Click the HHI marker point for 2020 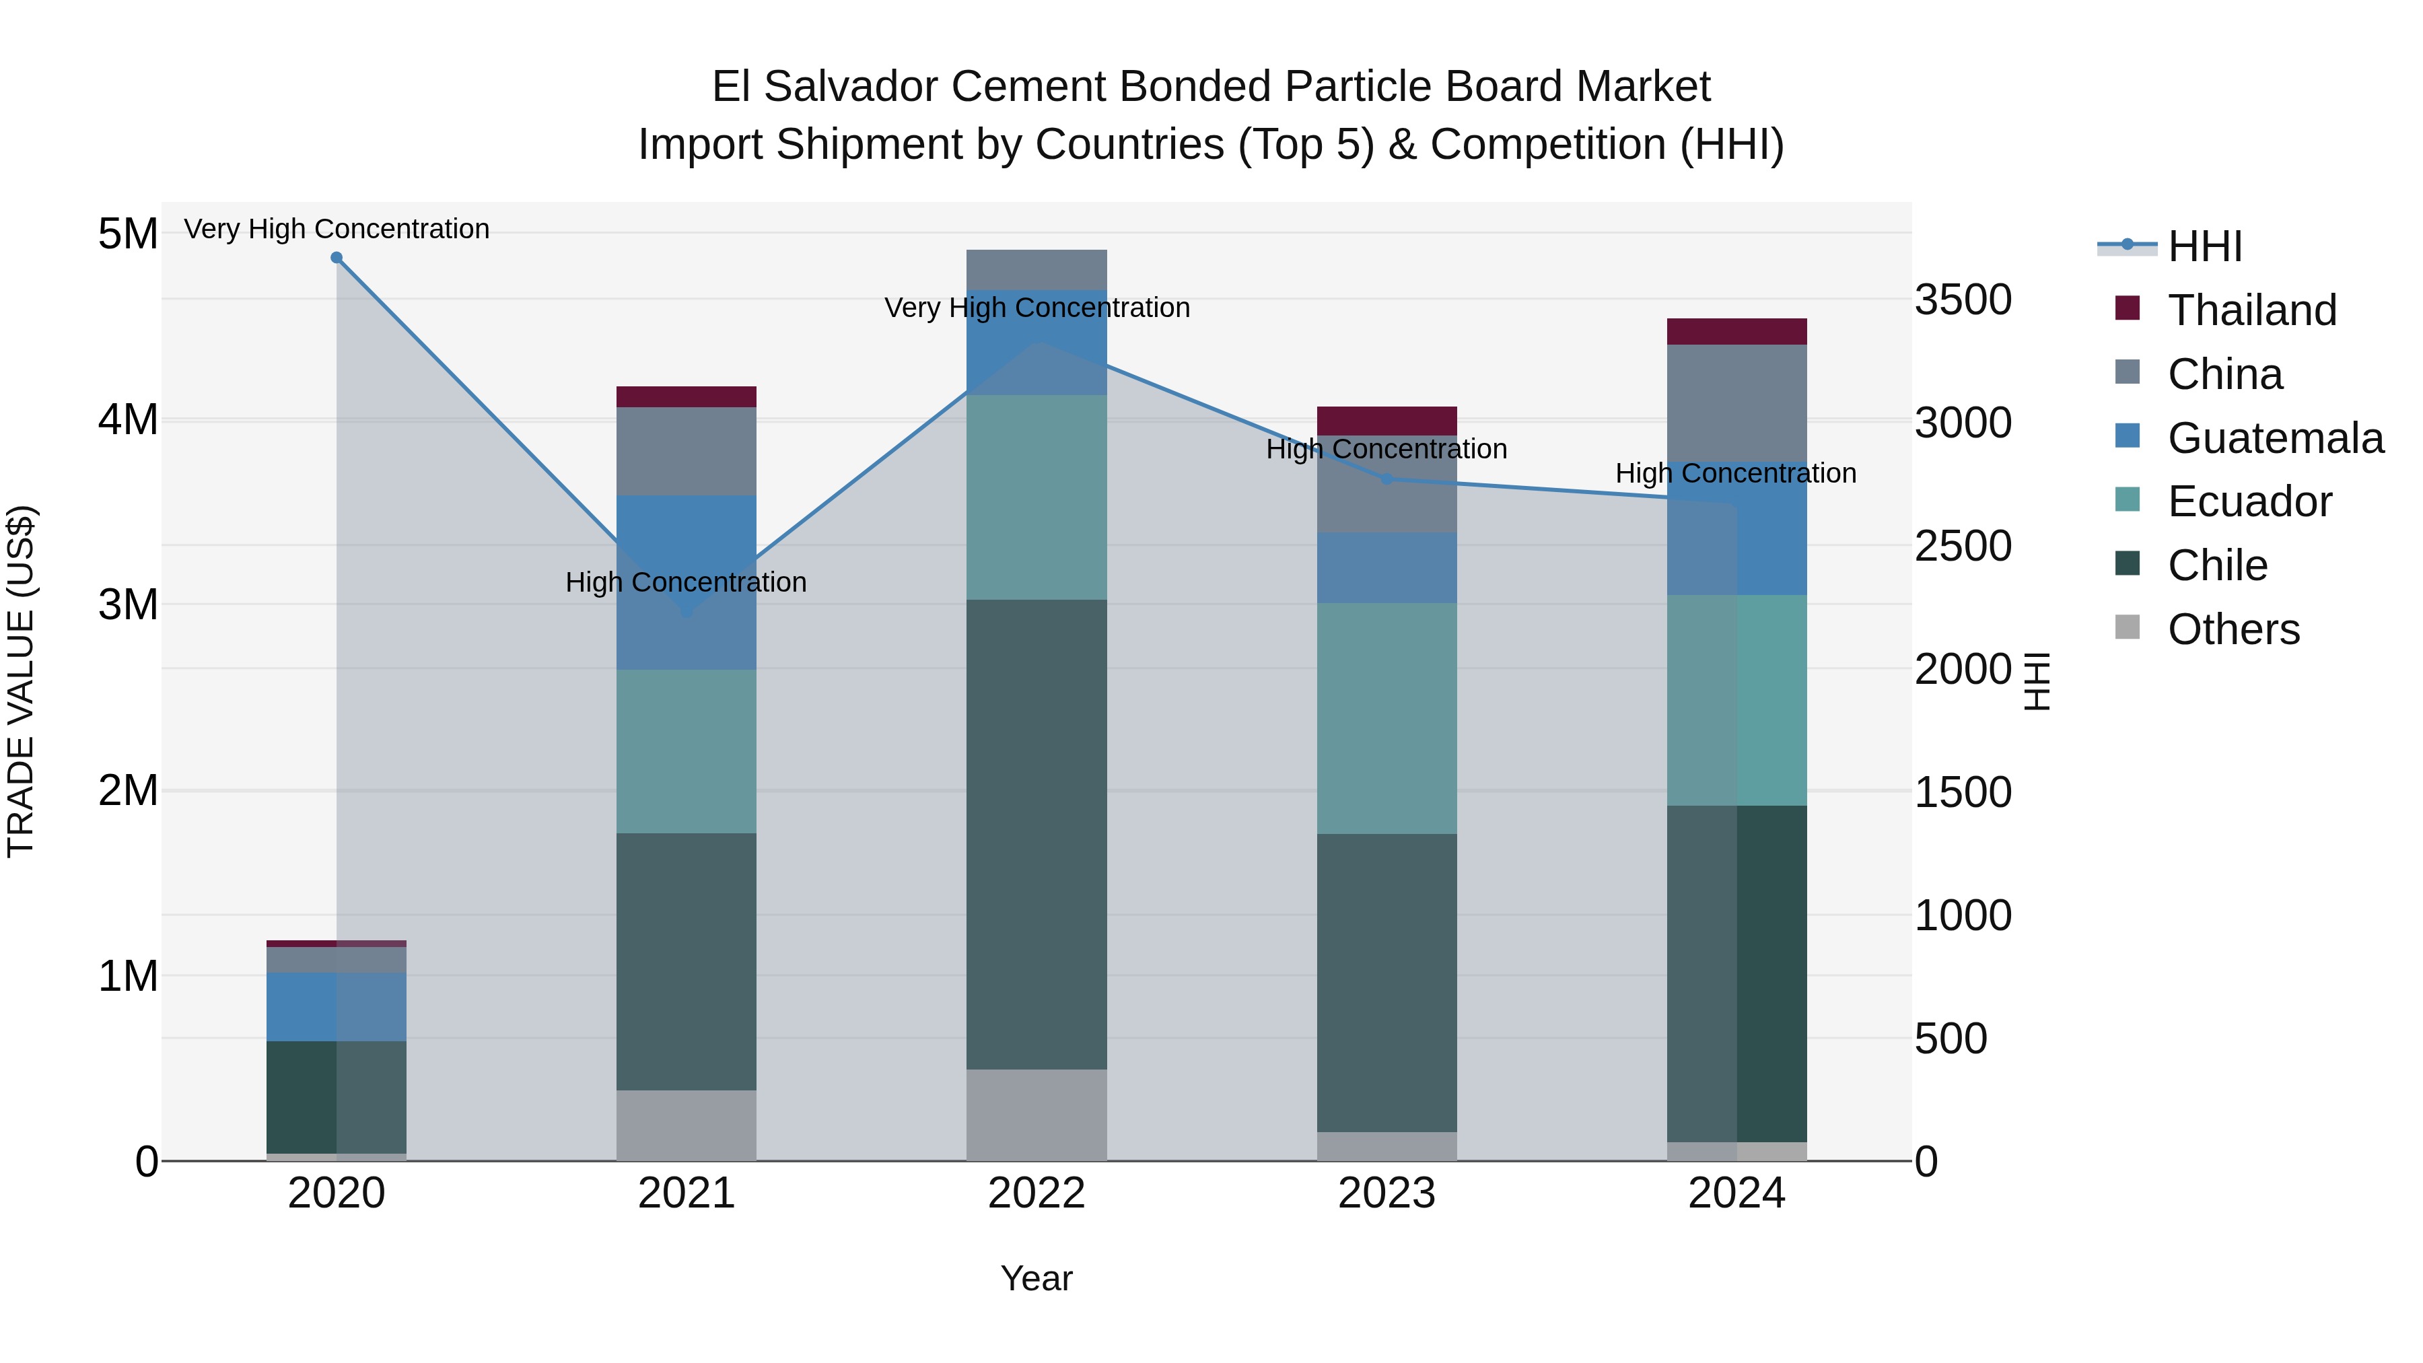(337, 258)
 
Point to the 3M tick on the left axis (128, 605)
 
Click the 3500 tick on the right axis (1963, 300)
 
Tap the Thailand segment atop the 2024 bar (1736, 332)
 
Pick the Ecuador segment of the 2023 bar (1386, 719)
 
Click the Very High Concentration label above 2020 (337, 230)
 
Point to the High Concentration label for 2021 (686, 583)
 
